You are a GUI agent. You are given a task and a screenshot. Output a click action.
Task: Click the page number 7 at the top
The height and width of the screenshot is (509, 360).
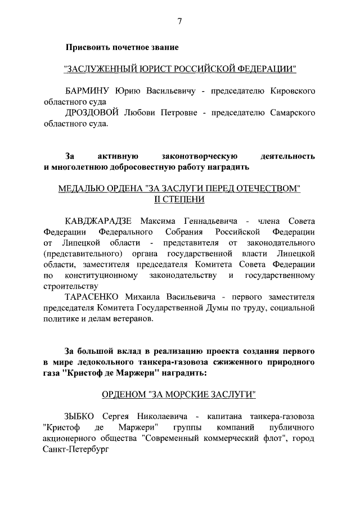pos(179,21)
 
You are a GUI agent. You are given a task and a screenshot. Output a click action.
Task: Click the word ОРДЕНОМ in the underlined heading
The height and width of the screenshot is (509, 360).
pos(124,394)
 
